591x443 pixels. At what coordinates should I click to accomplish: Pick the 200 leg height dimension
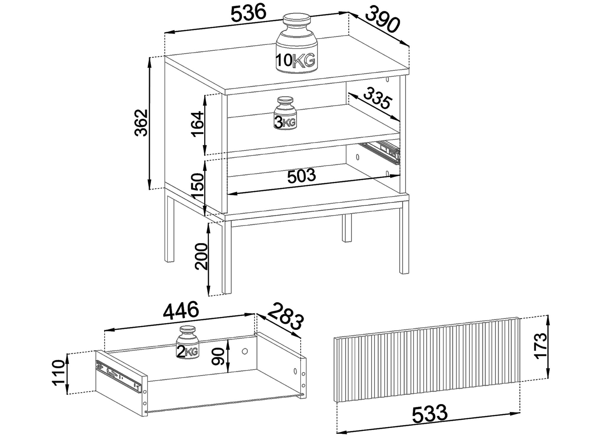[x=201, y=256]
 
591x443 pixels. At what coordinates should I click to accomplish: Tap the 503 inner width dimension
[x=301, y=176]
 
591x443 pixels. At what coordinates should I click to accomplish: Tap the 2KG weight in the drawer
[x=188, y=342]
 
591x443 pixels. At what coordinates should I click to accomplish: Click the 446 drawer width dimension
[x=181, y=311]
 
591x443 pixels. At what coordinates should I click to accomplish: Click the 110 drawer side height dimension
[x=58, y=373]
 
